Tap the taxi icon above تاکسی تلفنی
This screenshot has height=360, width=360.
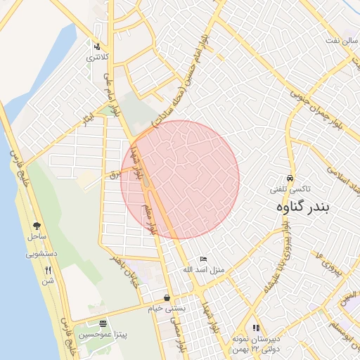pos(291,179)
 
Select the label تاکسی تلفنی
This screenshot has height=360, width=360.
pos(291,190)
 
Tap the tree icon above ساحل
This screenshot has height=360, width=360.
pos(37,226)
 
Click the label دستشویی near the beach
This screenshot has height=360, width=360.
pos(41,254)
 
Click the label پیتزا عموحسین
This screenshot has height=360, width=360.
pos(104,335)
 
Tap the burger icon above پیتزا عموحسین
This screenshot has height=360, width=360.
pos(104,324)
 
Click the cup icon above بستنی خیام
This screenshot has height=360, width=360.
pos(167,297)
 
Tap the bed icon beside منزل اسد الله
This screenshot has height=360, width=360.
pos(203,259)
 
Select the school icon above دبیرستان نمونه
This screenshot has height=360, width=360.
pos(256,327)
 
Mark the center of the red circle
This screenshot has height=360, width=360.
pos(180,180)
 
